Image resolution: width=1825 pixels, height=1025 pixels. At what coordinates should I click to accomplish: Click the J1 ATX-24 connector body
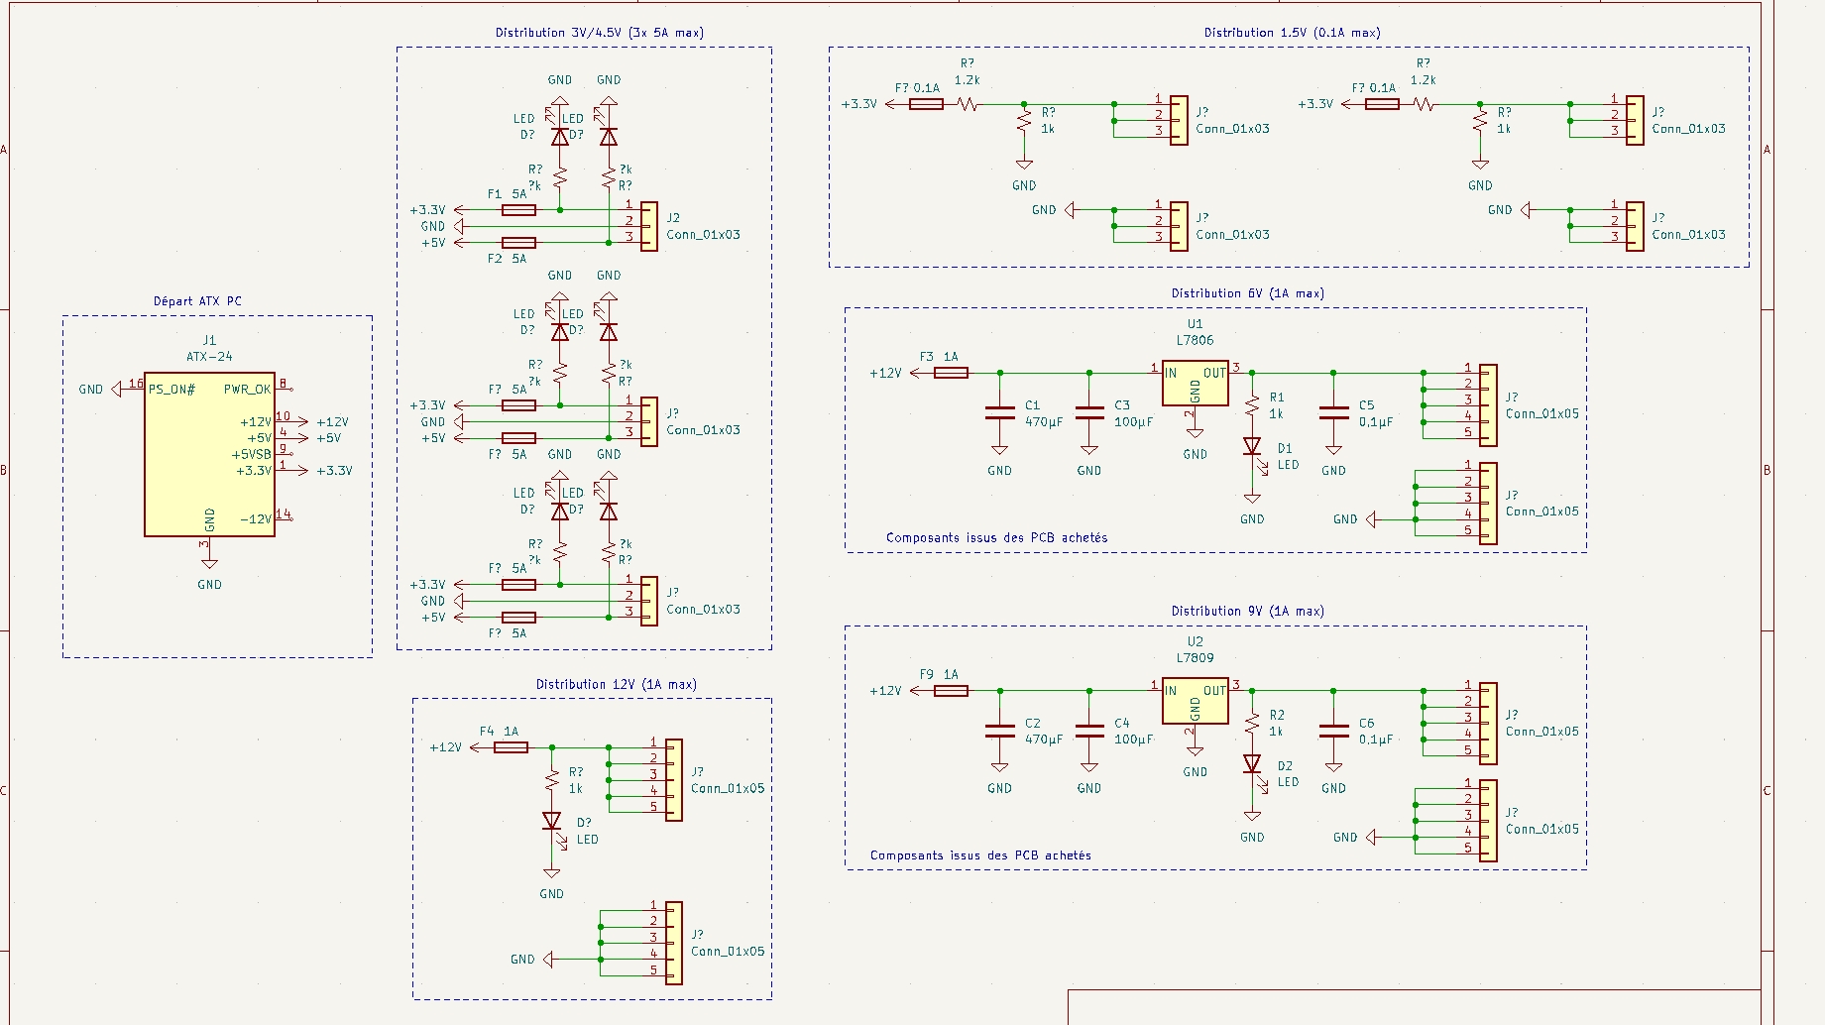[x=209, y=456]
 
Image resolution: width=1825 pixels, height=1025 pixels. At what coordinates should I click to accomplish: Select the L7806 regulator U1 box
[x=1196, y=384]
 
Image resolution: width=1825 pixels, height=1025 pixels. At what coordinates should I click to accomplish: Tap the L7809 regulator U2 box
[x=1196, y=701]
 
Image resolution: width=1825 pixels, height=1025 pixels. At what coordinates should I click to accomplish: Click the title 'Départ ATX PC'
[x=197, y=301]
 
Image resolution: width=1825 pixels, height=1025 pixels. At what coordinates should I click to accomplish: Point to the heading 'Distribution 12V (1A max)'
[x=616, y=685]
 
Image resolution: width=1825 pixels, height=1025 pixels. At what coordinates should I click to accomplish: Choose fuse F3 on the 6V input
[x=951, y=373]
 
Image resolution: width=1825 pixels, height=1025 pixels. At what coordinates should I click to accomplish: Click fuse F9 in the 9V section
[x=951, y=691]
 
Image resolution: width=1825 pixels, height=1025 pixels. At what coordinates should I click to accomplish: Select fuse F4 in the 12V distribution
[x=511, y=747]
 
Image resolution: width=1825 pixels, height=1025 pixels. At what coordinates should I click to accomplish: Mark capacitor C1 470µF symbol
[x=999, y=413]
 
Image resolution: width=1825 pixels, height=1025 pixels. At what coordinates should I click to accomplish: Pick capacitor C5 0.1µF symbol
[x=1333, y=413]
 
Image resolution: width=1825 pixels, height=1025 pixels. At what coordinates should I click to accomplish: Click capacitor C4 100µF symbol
[x=1089, y=732]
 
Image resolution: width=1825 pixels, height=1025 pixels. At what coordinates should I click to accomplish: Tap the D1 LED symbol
[x=1252, y=447]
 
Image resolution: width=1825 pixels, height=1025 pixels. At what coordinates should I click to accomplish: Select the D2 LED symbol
[x=1252, y=764]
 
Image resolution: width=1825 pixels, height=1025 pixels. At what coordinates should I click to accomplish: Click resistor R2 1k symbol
[x=1252, y=723]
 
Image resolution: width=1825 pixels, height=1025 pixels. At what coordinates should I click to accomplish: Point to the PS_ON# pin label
[x=171, y=390]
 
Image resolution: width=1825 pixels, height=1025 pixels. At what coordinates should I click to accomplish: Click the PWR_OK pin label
[x=247, y=390]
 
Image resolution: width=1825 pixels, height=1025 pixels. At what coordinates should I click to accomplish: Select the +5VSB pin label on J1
[x=252, y=455]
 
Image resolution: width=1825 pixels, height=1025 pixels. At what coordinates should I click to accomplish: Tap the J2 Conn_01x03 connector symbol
[x=648, y=227]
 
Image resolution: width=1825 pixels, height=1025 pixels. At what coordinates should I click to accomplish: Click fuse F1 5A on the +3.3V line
[x=519, y=210]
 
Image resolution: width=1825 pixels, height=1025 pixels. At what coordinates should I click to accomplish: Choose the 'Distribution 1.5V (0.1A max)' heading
[x=1292, y=33]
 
